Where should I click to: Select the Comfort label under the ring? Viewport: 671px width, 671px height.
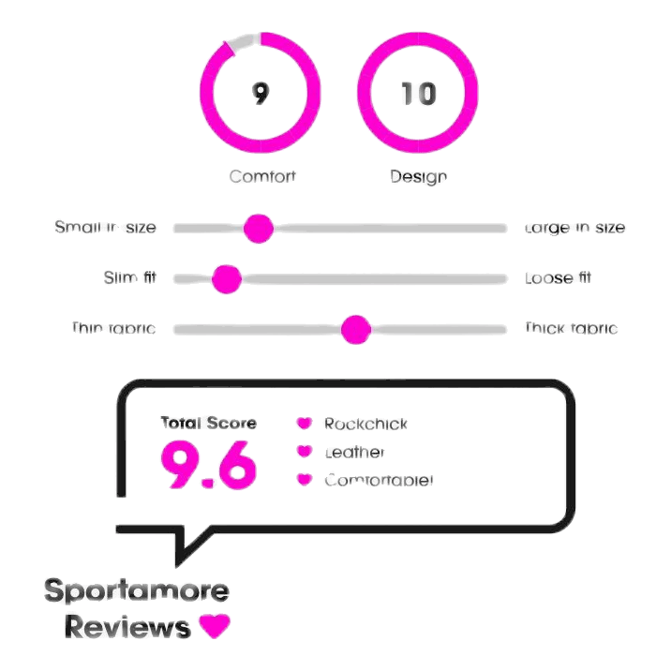[x=262, y=176]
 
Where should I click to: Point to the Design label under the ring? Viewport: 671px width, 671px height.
[x=418, y=176]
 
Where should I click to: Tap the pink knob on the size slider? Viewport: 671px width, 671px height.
[x=258, y=228]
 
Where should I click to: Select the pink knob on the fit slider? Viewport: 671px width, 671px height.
[x=227, y=278]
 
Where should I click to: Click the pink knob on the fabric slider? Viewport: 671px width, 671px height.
[x=356, y=329]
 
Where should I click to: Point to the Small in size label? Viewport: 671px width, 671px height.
[x=105, y=228]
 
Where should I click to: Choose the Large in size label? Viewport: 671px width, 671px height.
[x=574, y=228]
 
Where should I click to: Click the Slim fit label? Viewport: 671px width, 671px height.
[x=130, y=278]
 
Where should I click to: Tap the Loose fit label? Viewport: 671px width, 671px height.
[x=558, y=278]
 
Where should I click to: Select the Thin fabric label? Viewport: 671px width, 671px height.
[x=113, y=329]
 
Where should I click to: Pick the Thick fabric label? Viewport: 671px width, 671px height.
[x=570, y=329]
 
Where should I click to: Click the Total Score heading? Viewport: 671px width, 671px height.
[x=208, y=423]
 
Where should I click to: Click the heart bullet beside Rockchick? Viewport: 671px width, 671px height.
[x=304, y=425]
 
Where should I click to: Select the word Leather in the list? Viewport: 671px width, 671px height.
[x=354, y=453]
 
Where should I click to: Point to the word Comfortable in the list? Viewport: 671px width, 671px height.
[x=378, y=481]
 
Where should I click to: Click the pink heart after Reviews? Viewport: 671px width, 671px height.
[x=215, y=626]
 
